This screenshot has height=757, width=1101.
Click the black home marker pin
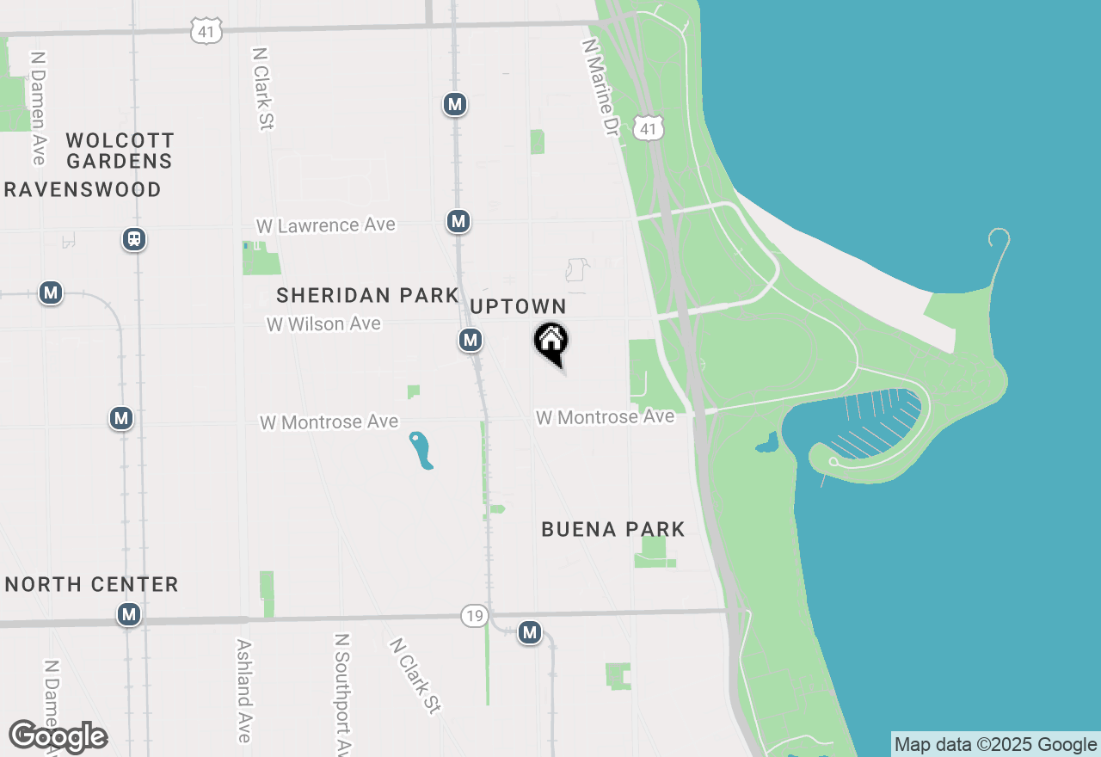(x=551, y=342)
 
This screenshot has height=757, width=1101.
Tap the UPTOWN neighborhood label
(x=518, y=306)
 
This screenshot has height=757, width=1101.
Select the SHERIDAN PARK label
(x=367, y=295)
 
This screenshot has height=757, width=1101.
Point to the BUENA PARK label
(x=613, y=529)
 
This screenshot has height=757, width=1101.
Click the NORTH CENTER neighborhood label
(x=92, y=584)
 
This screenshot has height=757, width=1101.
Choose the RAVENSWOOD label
(x=83, y=189)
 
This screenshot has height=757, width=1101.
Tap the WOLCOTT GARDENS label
(x=120, y=151)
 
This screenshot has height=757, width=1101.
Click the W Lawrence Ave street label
(x=326, y=225)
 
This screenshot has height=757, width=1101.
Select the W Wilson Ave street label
(x=323, y=324)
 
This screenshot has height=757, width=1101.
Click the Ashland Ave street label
(x=244, y=690)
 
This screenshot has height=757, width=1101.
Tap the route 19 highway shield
(x=474, y=615)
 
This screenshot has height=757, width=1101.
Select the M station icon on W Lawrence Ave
(x=458, y=221)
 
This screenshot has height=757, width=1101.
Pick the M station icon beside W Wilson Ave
(x=470, y=340)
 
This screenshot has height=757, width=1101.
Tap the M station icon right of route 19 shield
(x=529, y=633)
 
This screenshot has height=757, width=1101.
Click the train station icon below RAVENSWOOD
(x=133, y=238)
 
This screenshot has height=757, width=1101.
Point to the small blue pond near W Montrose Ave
(x=421, y=450)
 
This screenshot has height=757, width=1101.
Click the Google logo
(x=58, y=737)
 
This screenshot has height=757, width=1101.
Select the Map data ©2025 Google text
(x=996, y=745)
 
